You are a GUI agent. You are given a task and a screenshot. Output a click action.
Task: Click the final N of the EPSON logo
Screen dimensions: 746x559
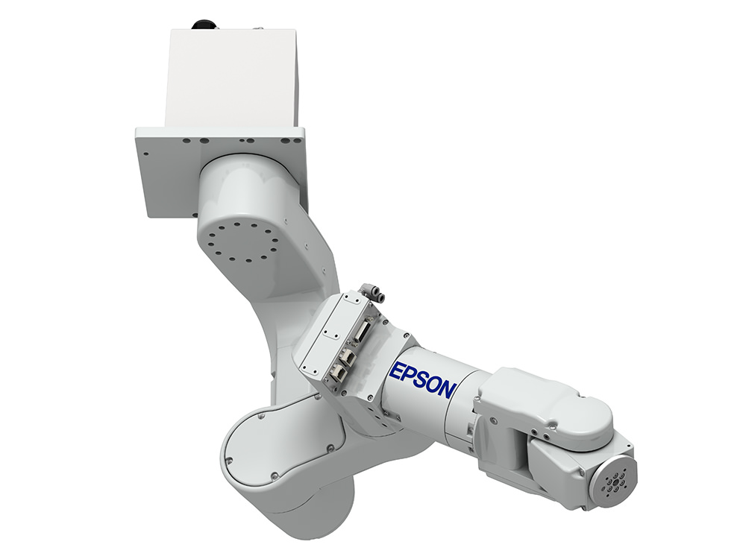tap(445, 389)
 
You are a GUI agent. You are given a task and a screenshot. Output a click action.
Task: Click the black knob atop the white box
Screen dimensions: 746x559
tap(204, 25)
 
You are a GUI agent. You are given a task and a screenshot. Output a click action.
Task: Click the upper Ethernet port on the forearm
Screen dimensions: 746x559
tap(348, 356)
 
